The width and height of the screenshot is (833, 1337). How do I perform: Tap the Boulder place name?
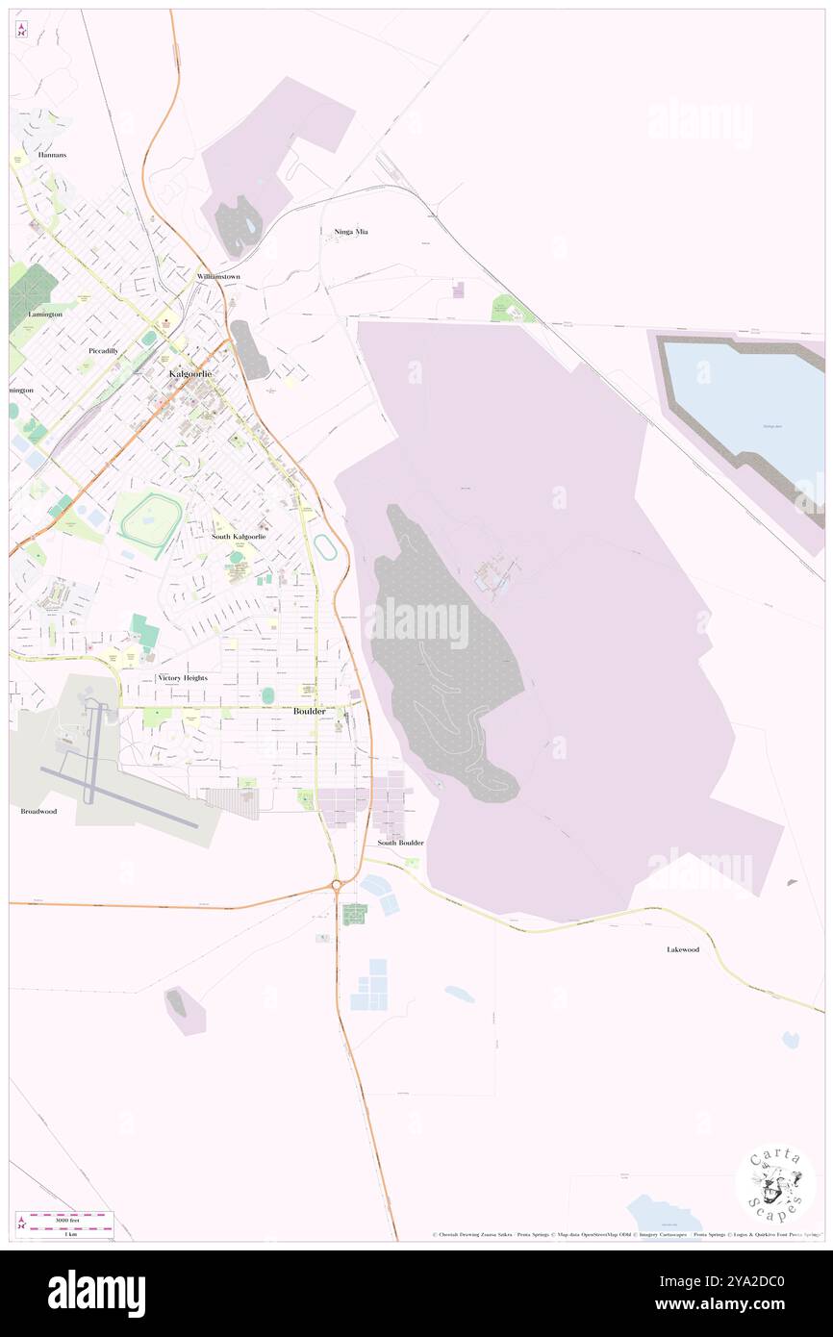(309, 711)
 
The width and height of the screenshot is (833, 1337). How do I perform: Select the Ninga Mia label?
(351, 232)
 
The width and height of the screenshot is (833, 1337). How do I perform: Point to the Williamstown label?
(218, 276)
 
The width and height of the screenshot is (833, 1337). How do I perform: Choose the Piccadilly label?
(103, 350)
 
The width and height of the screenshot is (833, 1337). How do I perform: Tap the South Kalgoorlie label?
(239, 536)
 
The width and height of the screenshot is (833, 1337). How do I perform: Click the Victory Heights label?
(182, 678)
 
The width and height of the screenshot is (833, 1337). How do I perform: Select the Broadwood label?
(39, 811)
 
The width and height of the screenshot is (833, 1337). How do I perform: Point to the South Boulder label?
(400, 843)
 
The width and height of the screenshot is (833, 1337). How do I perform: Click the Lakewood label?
(683, 949)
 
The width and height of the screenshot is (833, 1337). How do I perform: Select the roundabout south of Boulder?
(337, 885)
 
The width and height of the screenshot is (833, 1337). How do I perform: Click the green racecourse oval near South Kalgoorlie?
(152, 522)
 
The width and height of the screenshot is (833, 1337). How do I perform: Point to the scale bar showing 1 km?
(70, 1225)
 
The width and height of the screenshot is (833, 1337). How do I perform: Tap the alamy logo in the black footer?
(96, 1293)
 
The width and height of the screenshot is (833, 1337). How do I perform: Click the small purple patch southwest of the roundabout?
(183, 1010)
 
